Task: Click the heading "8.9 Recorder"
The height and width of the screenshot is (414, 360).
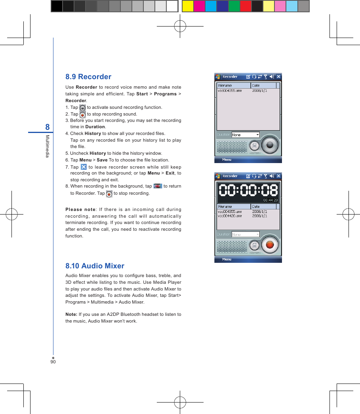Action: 88,77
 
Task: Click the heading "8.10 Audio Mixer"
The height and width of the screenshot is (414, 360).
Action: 95,266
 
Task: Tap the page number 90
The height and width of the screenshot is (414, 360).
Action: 53,361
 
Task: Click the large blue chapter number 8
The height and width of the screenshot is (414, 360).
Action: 48,127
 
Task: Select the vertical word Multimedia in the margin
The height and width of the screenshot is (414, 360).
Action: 47,146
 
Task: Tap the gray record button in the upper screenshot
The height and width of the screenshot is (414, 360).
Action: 270,145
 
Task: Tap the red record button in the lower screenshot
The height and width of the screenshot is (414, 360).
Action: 270,244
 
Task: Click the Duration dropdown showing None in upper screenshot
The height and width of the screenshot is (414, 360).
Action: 245,135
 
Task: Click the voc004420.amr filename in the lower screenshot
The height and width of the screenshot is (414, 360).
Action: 230,216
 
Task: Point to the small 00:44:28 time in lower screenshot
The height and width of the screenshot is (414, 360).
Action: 271,200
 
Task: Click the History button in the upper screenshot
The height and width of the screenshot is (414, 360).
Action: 254,146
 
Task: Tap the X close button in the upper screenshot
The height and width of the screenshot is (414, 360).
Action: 278,77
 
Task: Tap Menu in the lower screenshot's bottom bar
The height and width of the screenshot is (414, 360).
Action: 227,260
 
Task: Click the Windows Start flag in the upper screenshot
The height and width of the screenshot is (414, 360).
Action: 218,77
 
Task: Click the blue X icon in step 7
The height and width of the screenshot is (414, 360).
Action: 84,167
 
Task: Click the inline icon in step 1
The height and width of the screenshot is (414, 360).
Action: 82,108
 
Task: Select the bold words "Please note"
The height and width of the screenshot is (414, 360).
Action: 80,210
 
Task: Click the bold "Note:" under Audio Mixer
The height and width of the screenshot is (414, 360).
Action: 71,314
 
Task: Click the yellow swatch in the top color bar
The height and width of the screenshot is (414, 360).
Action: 188,6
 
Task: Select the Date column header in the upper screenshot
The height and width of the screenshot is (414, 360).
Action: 263,85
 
